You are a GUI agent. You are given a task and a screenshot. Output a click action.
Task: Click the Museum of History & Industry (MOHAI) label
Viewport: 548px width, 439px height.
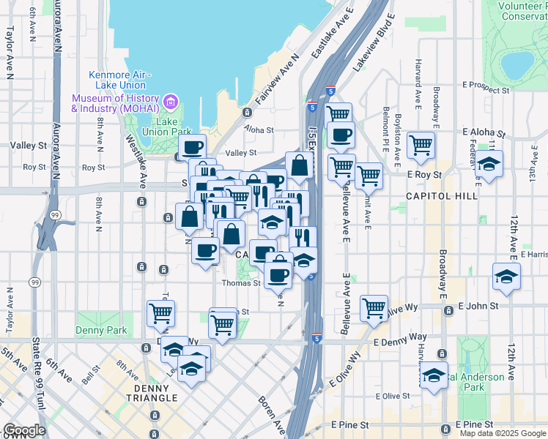116,103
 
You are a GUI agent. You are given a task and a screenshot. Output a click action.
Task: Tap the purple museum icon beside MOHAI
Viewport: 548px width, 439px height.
171,100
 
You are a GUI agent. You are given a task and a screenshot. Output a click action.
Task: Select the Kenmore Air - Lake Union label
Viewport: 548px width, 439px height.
119,79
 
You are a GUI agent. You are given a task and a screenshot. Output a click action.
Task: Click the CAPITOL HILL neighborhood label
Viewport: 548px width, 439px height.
442,196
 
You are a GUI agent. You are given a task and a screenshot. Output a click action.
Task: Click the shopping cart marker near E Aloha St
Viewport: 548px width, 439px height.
421,143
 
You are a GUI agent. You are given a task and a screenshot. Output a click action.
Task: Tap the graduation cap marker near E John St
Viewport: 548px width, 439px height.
506,276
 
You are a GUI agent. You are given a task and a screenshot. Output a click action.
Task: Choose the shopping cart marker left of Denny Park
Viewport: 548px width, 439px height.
160,312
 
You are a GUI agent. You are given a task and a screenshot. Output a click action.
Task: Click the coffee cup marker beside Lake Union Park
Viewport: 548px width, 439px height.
192,146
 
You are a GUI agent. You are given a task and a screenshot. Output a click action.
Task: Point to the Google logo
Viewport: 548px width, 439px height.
24,431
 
